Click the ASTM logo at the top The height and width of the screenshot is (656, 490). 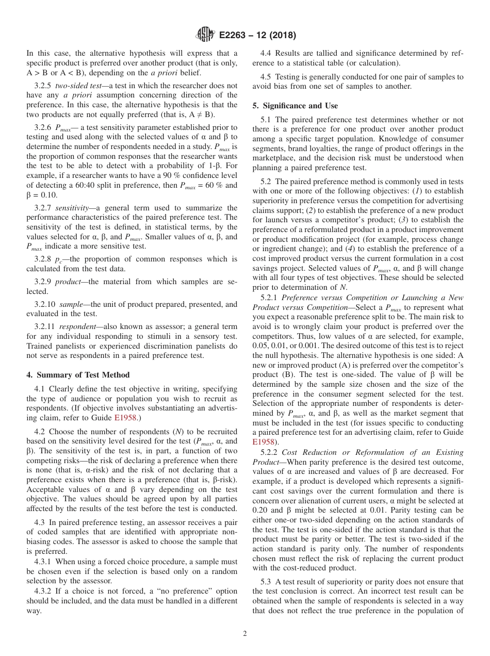(x=205, y=35)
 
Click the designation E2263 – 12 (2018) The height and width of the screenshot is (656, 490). (x=257, y=36)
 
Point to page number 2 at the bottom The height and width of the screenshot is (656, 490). (x=245, y=634)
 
